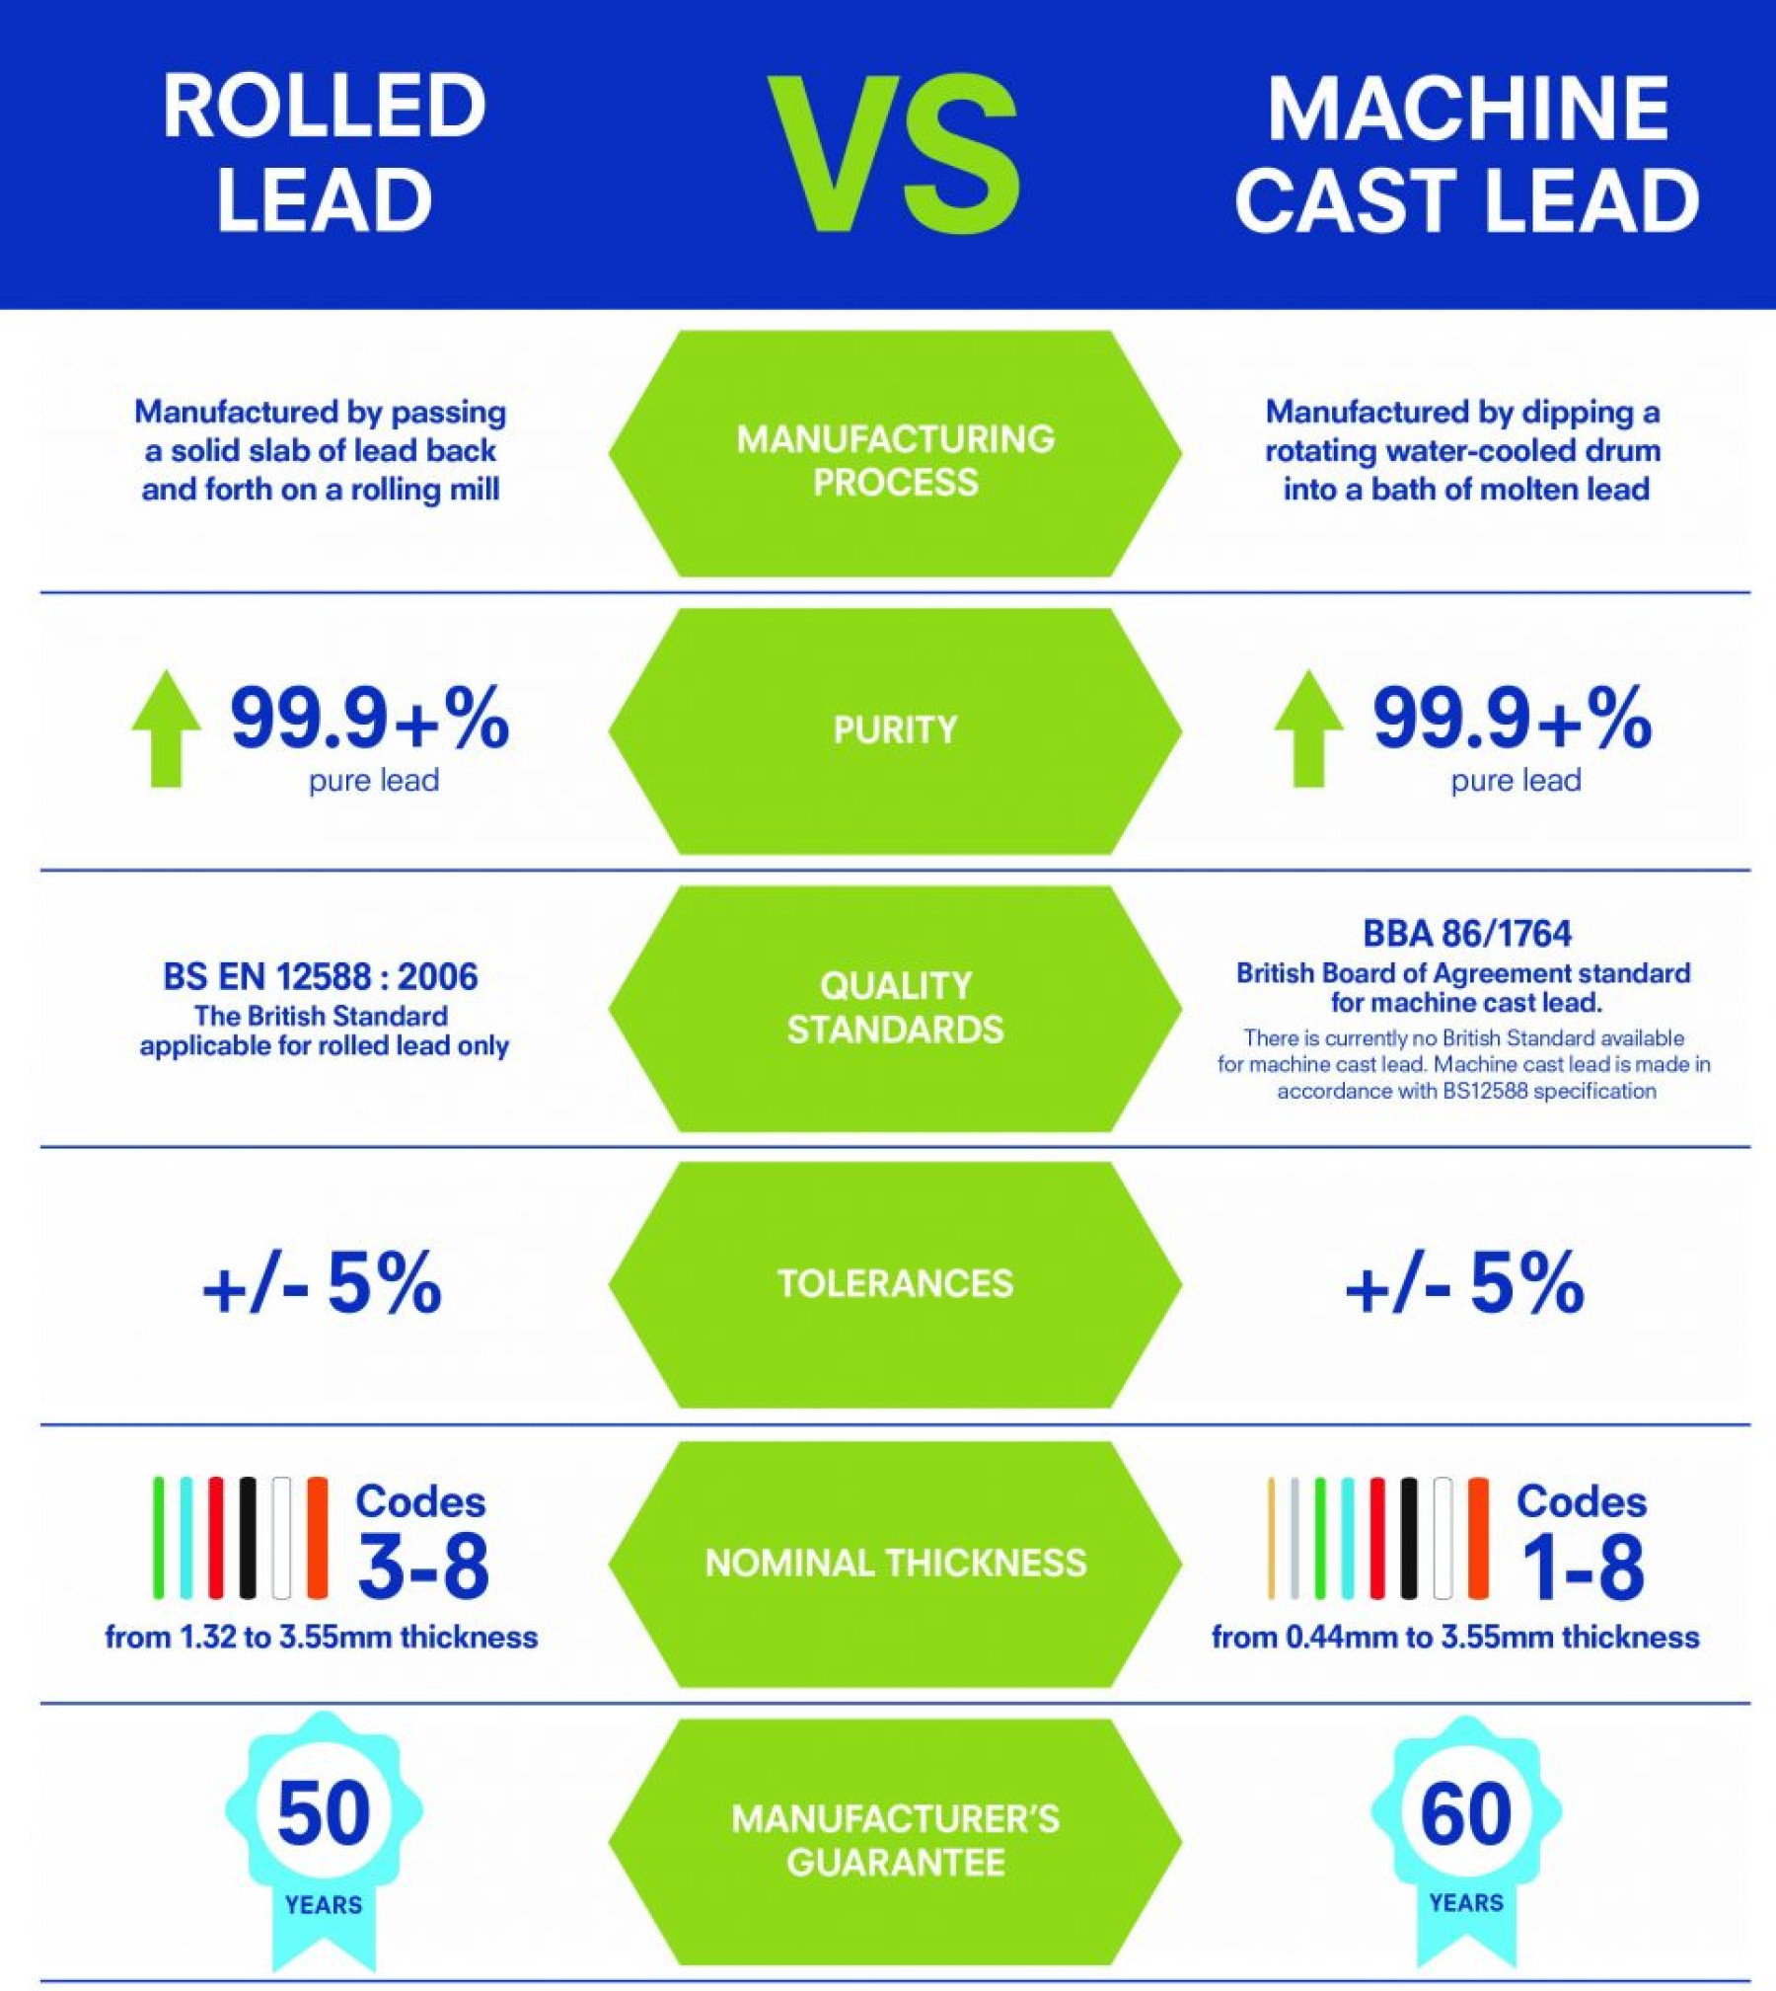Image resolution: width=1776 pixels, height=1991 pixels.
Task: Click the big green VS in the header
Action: tap(894, 155)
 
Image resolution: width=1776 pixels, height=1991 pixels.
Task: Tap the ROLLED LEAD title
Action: tap(324, 153)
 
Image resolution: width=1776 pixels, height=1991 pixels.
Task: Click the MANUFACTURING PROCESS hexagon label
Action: tap(895, 460)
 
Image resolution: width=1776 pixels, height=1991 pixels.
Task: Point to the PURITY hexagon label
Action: tap(895, 729)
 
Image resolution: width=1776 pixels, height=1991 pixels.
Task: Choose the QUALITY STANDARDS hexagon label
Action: tap(895, 1007)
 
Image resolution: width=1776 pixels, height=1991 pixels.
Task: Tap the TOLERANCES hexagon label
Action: tap(895, 1283)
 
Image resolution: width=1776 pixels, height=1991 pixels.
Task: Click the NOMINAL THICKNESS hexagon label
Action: tap(895, 1563)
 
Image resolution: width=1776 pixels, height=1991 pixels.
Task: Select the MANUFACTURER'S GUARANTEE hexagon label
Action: tap(895, 1840)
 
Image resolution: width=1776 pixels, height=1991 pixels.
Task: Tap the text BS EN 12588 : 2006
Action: tap(320, 977)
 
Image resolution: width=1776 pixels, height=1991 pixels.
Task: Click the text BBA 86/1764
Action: tap(1466, 933)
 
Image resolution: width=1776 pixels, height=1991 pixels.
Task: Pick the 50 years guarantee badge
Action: tap(324, 1826)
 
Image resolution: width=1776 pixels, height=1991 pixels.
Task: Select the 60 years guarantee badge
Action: tap(1466, 1826)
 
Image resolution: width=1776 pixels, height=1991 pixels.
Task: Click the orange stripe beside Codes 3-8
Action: tap(317, 1538)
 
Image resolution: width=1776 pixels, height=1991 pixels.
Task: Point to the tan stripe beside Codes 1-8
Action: tap(1271, 1538)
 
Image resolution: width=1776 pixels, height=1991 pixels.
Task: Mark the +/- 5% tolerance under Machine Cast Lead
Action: tap(1464, 1283)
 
